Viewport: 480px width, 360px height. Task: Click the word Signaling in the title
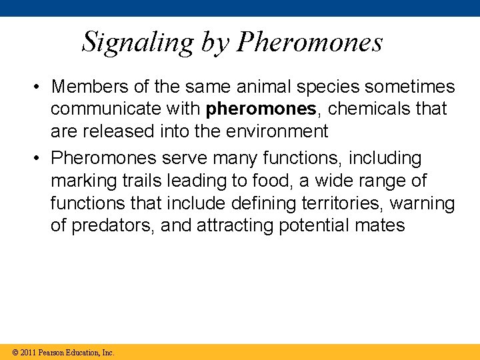coord(137,42)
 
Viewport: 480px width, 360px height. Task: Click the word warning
coord(422,203)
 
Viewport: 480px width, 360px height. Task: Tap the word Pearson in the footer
coord(51,352)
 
